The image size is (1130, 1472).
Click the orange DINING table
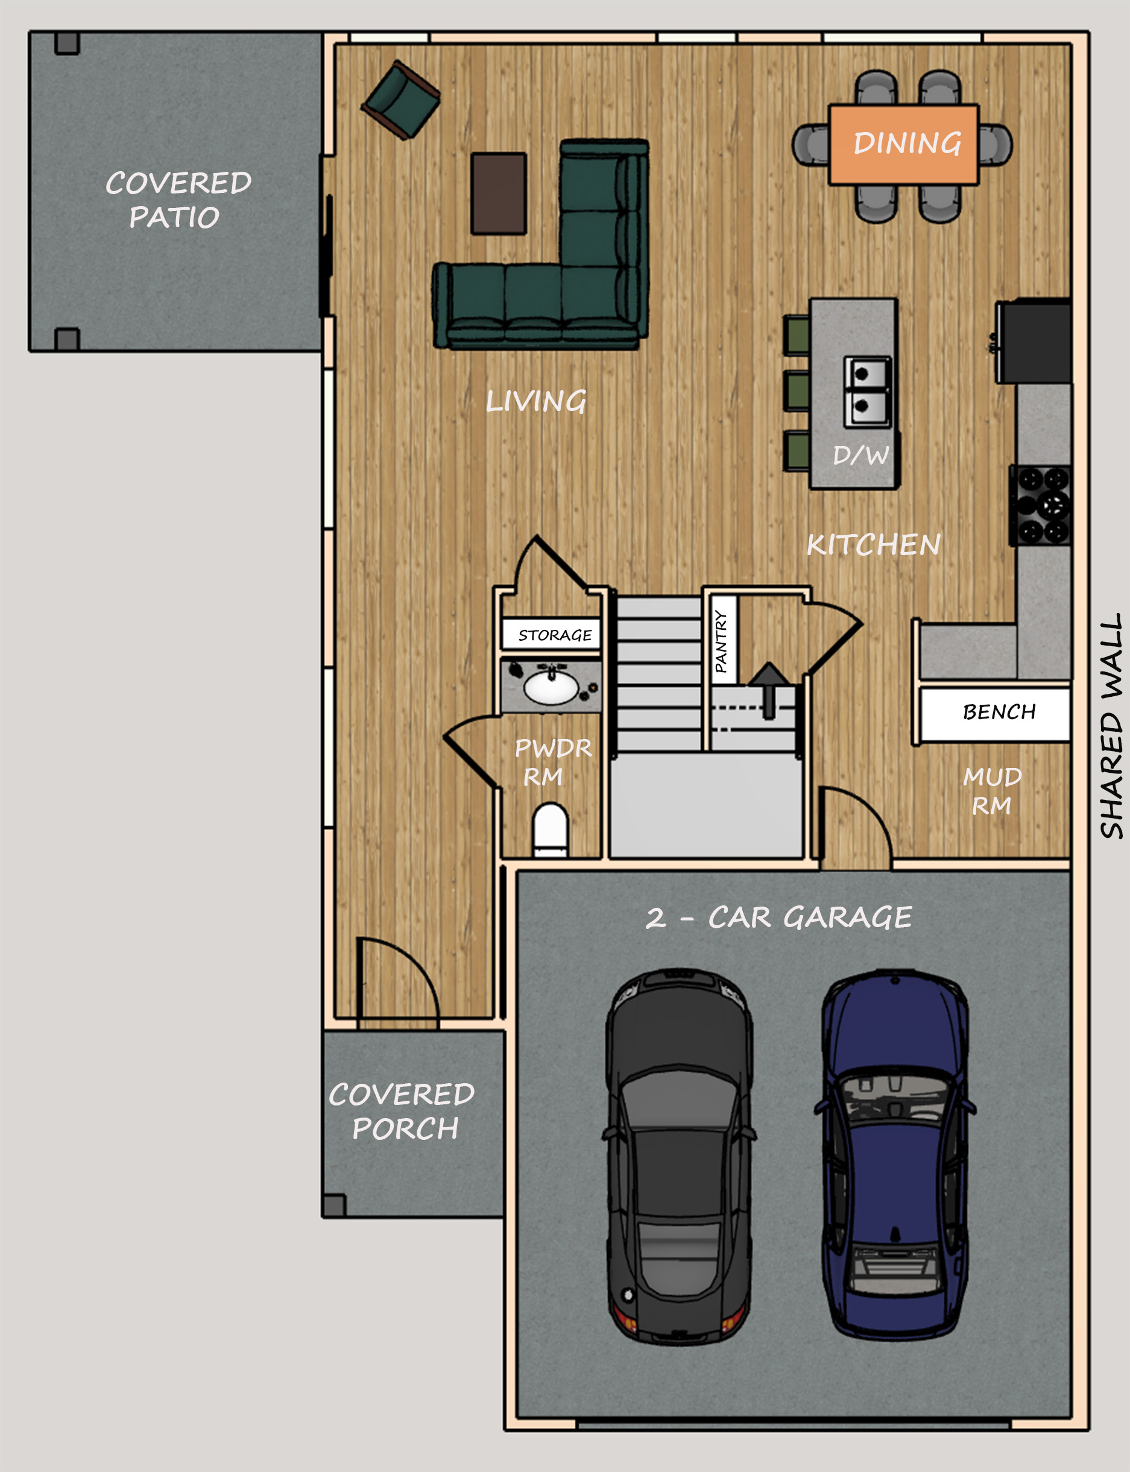pos(903,144)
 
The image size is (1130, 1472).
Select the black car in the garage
pos(680,1157)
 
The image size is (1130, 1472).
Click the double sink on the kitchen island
pos(868,392)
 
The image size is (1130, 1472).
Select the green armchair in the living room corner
pos(401,99)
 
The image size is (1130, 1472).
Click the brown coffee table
pos(499,193)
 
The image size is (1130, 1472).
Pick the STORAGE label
pos(555,635)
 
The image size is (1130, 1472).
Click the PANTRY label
pos(721,641)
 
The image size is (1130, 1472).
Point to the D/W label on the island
pos(861,455)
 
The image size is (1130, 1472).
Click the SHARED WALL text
pos(1111,726)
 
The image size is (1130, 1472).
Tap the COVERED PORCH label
pos(402,1111)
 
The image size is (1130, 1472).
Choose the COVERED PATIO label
pos(177,200)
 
